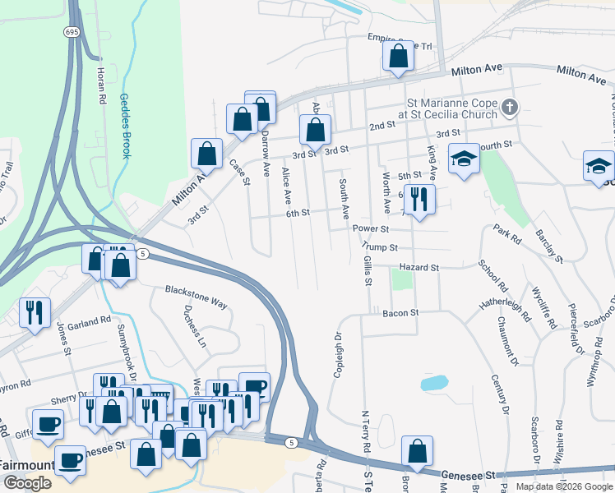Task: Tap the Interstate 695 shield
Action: click(72, 32)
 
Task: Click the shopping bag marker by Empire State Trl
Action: click(398, 58)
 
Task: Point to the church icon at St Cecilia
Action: click(510, 108)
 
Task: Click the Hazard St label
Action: click(419, 268)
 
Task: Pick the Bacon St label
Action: click(401, 313)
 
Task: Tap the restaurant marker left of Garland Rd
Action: click(35, 312)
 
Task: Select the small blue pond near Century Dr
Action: click(433, 383)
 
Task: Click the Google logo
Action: click(27, 483)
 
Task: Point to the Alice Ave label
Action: click(287, 186)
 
